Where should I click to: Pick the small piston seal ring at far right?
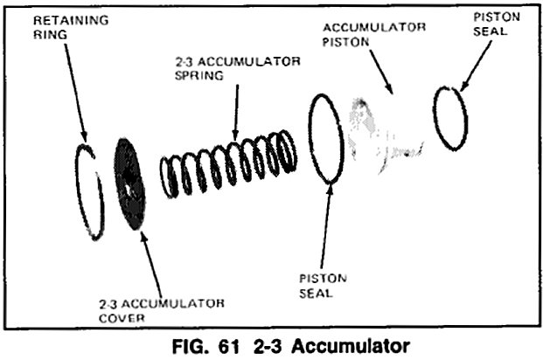tap(450, 118)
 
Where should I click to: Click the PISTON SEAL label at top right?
tap(497, 24)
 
